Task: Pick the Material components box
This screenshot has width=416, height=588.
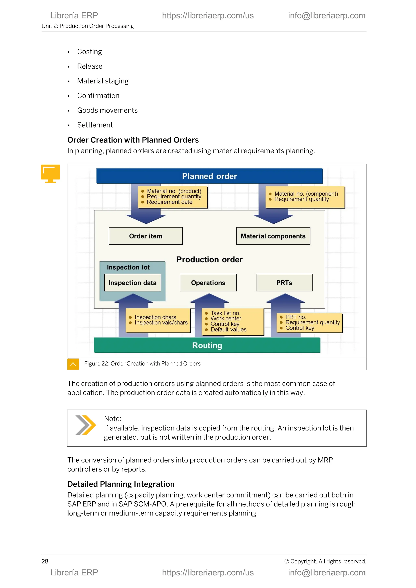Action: click(273, 236)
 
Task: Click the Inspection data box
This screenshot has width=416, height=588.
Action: click(132, 283)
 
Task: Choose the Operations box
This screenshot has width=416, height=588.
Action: click(208, 283)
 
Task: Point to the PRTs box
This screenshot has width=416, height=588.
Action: click(284, 283)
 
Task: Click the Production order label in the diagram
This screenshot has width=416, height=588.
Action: click(209, 259)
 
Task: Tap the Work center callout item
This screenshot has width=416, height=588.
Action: click(226, 319)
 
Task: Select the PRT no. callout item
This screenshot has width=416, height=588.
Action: click(296, 317)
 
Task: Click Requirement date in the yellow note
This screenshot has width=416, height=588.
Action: click(169, 202)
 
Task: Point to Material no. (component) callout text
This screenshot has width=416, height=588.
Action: click(306, 194)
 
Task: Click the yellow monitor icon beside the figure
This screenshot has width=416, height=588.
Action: click(50, 173)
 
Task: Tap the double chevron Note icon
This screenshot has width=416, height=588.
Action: click(86, 425)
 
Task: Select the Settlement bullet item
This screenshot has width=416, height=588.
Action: click(95, 125)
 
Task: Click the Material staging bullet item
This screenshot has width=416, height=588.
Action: click(103, 81)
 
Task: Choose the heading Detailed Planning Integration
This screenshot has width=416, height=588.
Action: click(121, 484)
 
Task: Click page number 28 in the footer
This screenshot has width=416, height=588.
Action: click(45, 561)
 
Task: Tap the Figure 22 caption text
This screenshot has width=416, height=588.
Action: click(142, 364)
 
